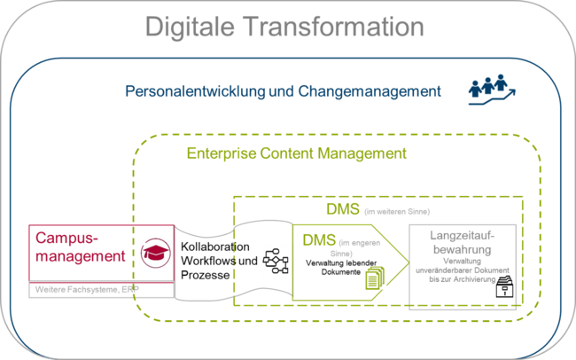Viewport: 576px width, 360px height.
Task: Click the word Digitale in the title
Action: tap(191, 27)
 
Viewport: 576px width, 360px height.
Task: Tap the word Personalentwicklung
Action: tap(191, 91)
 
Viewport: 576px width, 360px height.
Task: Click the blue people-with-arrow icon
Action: tap(491, 90)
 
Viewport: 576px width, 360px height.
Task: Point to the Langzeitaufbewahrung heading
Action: tap(461, 241)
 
